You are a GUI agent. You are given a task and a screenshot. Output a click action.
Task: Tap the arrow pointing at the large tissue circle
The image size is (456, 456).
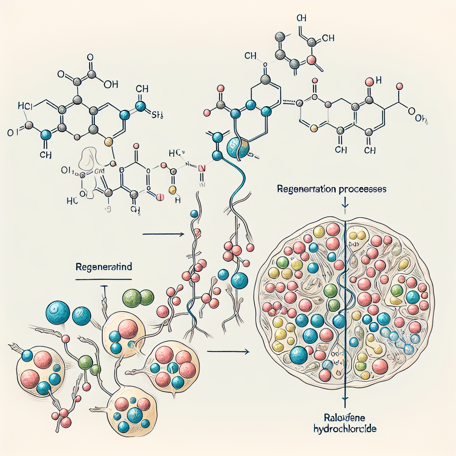[227, 352]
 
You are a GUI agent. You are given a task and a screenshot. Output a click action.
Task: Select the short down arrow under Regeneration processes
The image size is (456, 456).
[345, 204]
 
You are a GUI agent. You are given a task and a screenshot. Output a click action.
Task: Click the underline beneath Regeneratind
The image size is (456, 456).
[103, 280]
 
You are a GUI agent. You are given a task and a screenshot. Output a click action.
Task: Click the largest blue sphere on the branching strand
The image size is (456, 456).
[239, 280]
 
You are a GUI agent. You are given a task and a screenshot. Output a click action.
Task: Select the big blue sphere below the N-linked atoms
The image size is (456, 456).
[236, 147]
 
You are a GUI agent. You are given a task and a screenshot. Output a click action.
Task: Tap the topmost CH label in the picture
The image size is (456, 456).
[301, 18]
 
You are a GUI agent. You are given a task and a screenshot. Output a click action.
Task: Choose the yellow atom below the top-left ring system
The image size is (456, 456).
[107, 142]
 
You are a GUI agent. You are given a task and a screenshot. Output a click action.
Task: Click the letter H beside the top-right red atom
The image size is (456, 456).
[379, 81]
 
